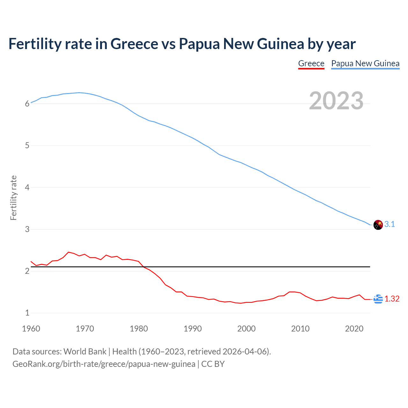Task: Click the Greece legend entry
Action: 311,63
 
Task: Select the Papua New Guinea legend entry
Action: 365,63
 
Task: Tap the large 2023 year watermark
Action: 336,101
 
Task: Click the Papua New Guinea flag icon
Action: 378,225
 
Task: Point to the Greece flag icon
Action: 378,299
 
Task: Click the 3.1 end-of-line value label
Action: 390,224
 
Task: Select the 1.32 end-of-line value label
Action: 392,299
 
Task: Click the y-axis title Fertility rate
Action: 13,198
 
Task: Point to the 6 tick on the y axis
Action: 27,104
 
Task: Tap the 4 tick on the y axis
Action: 27,187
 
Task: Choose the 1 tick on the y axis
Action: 27,313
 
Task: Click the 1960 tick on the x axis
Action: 31,329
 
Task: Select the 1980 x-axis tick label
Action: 139,329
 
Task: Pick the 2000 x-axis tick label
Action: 246,329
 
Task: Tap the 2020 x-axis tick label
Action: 354,329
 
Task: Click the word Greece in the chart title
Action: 134,44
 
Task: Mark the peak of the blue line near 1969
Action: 79,92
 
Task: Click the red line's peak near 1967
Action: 69,252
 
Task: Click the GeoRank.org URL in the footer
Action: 104,364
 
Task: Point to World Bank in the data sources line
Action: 85,352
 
